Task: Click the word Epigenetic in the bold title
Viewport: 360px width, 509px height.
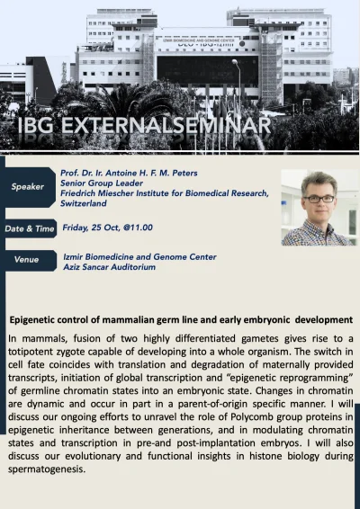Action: [37, 320]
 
